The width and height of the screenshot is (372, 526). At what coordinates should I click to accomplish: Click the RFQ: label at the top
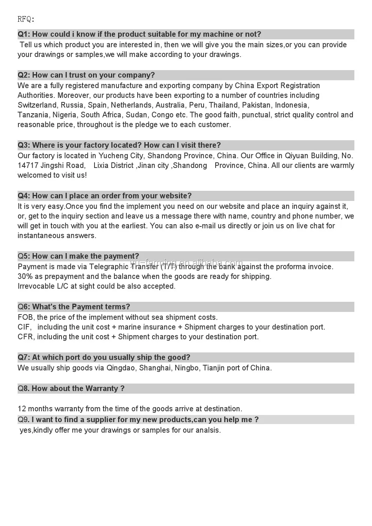click(x=26, y=19)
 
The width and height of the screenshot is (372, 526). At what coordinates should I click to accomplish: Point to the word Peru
click(x=197, y=105)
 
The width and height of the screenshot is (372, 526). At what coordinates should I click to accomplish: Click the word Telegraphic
click(x=109, y=267)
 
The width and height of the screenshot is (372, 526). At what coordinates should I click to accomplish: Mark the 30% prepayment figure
click(x=25, y=277)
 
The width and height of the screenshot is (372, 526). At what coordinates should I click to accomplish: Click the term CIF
click(x=24, y=327)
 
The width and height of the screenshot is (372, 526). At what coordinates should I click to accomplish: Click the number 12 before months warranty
click(x=22, y=409)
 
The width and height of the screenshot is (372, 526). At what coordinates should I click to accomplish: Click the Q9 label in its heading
click(x=22, y=420)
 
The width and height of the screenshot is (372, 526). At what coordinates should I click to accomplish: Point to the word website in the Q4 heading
click(x=174, y=196)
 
